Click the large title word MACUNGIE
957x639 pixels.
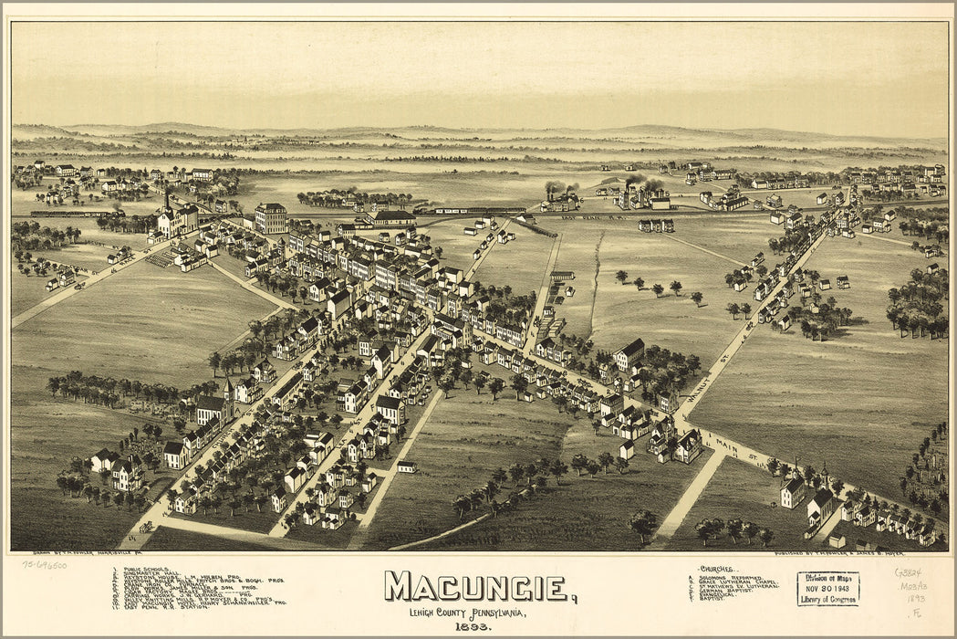pyautogui.click(x=476, y=587)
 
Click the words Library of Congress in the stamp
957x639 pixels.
pyautogui.click(x=827, y=599)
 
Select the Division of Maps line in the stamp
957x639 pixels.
pyautogui.click(x=827, y=577)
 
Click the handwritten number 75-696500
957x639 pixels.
pyautogui.click(x=44, y=564)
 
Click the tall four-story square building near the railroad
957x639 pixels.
pyautogui.click(x=270, y=218)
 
